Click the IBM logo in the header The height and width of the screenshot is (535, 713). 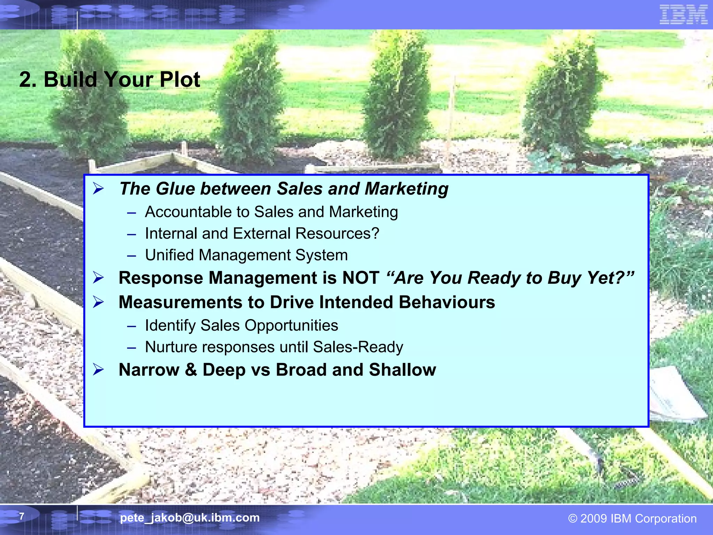(x=683, y=15)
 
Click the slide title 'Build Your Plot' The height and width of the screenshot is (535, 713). (x=109, y=79)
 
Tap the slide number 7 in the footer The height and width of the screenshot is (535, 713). (x=22, y=516)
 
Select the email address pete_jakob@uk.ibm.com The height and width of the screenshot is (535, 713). (x=190, y=518)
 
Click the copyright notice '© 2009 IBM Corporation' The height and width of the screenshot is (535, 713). (x=632, y=518)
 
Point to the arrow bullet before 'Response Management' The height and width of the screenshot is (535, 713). (x=99, y=278)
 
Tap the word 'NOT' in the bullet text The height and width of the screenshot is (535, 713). (x=361, y=278)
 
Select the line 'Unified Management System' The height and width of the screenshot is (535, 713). (x=246, y=255)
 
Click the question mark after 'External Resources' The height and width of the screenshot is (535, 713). (x=375, y=233)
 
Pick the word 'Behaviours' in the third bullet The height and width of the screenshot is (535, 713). (x=447, y=302)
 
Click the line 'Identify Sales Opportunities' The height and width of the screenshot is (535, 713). (x=241, y=325)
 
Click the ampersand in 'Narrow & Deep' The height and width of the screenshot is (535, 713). (x=191, y=370)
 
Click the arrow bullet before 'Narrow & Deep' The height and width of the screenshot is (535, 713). (x=99, y=370)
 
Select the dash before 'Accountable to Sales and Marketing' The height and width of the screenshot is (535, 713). (x=131, y=212)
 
